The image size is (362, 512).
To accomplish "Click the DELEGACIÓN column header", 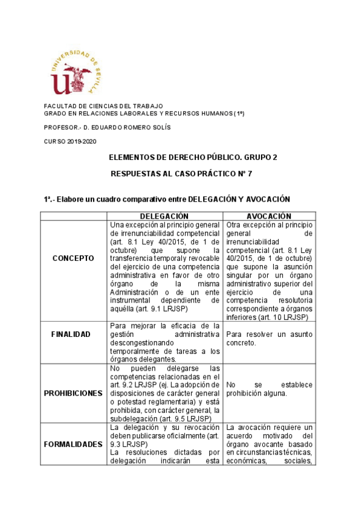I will click(x=164, y=216).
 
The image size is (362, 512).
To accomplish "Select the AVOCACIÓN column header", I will click(x=269, y=216).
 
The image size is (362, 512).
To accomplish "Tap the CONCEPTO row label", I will click(x=73, y=258).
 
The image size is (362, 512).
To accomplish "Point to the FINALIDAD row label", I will click(x=71, y=334).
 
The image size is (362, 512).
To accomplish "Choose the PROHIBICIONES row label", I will click(x=73, y=392).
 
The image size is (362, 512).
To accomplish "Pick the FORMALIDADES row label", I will click(x=73, y=444).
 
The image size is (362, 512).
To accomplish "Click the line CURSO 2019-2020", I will click(x=70, y=141).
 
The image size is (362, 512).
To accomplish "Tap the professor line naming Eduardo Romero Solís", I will click(x=108, y=127).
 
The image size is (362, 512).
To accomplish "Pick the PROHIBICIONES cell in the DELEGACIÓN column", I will click(x=164, y=393).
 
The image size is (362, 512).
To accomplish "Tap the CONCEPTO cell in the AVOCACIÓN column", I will click(x=269, y=271).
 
